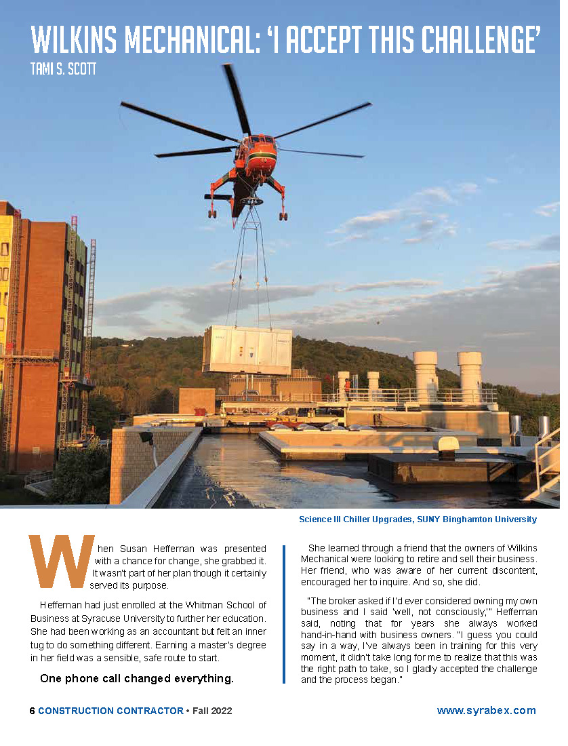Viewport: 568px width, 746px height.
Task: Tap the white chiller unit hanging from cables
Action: pos(247,350)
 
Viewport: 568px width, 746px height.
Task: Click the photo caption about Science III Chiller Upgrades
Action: pos(418,519)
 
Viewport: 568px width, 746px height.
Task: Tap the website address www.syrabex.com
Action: pos(486,711)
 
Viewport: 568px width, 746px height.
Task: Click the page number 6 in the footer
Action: pos(32,711)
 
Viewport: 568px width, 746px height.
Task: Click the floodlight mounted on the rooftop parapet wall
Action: pos(145,438)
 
